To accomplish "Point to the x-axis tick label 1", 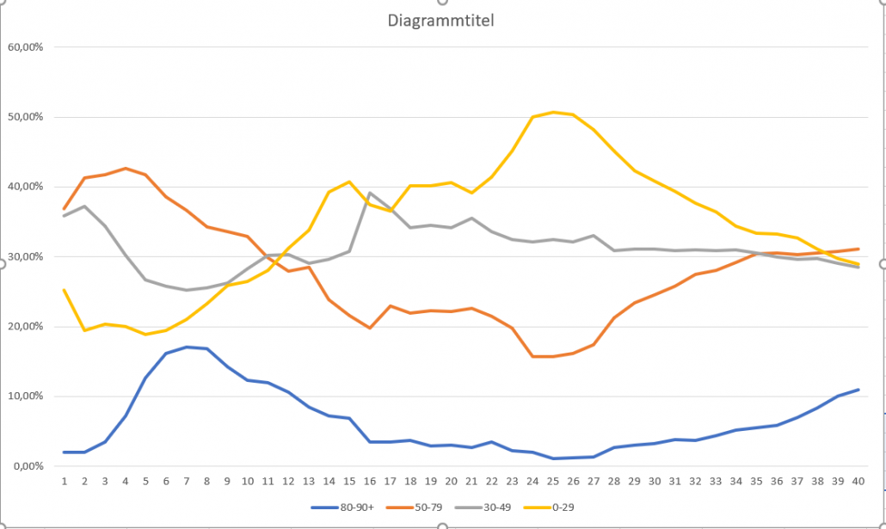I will pyautogui.click(x=65, y=481).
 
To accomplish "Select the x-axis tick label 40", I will pyautogui.click(x=858, y=481).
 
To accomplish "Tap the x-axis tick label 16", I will pyautogui.click(x=370, y=481).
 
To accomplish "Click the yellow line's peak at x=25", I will pyautogui.click(x=553, y=112).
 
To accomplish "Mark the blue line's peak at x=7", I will pyautogui.click(x=187, y=347).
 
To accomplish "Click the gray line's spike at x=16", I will pyautogui.click(x=370, y=194).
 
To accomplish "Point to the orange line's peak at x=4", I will pyautogui.click(x=126, y=169).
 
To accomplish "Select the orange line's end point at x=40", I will pyautogui.click(x=858, y=249).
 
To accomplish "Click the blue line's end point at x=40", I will pyautogui.click(x=858, y=390).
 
